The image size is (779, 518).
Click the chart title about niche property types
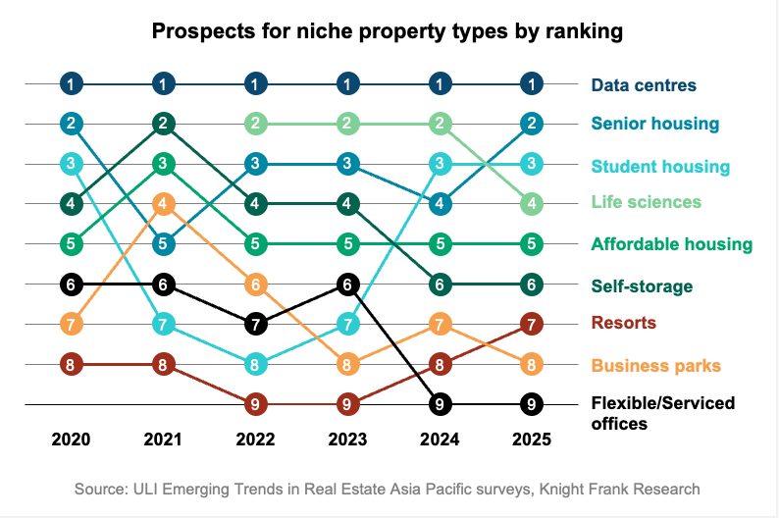pyautogui.click(x=388, y=32)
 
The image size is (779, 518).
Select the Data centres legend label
pyautogui.click(x=644, y=84)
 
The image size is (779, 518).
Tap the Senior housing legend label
pyautogui.click(x=655, y=124)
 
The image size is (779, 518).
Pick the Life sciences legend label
pyautogui.click(x=647, y=202)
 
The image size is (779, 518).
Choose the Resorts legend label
pyautogui.click(x=624, y=322)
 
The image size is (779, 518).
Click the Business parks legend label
pyautogui.click(x=656, y=365)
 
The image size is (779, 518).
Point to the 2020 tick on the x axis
pyautogui.click(x=71, y=440)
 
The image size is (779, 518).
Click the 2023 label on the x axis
pyautogui.click(x=347, y=440)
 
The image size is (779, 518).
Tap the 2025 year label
pyautogui.click(x=532, y=440)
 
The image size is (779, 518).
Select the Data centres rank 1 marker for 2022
pyautogui.click(x=255, y=84)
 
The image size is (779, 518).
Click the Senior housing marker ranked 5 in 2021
pyautogui.click(x=164, y=243)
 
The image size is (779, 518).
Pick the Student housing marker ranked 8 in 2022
pyautogui.click(x=255, y=364)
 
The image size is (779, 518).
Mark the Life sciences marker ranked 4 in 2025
pyautogui.click(x=532, y=204)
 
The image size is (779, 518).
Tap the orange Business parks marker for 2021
pyautogui.click(x=164, y=204)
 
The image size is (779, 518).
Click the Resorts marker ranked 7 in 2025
pyautogui.click(x=532, y=323)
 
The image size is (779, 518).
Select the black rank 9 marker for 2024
pyautogui.click(x=440, y=403)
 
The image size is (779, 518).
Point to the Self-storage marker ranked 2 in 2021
pyautogui.click(x=164, y=124)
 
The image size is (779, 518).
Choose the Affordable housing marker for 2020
pyautogui.click(x=71, y=243)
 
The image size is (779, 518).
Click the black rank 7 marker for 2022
pyautogui.click(x=255, y=323)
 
